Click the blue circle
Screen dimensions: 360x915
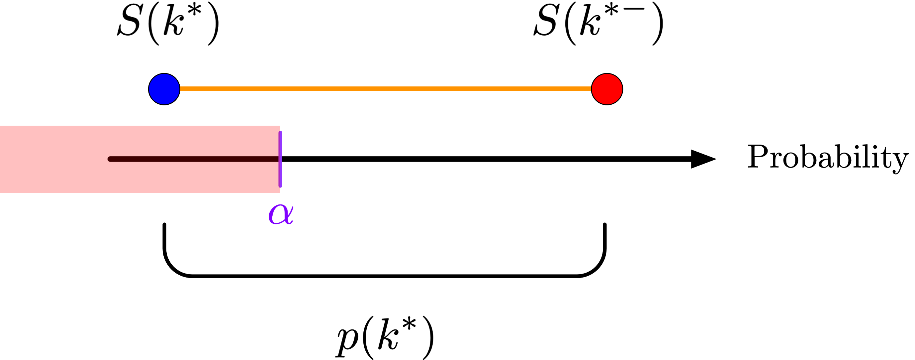point(164,89)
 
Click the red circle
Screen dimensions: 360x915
point(607,89)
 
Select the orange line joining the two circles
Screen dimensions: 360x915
point(385,89)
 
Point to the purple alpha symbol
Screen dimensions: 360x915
point(281,214)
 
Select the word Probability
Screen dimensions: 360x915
point(828,157)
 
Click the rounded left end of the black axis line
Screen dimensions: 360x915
point(111,159)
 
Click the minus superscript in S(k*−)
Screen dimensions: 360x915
point(636,9)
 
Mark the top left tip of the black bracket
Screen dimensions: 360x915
point(164,225)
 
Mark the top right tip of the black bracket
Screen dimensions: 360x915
point(604,225)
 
